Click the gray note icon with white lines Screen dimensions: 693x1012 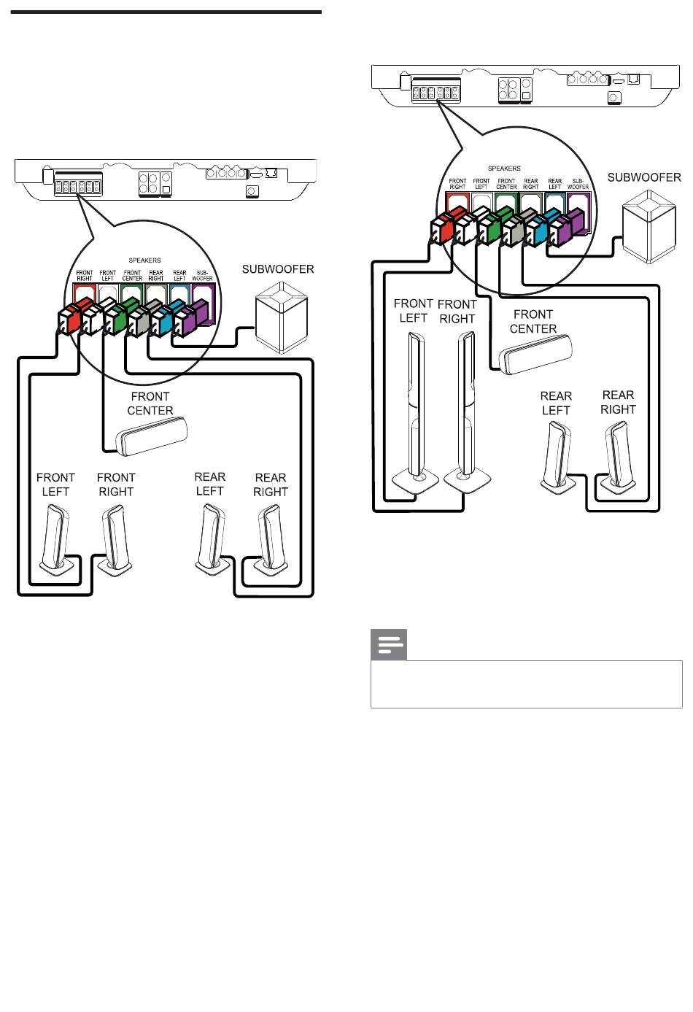pyautogui.click(x=389, y=644)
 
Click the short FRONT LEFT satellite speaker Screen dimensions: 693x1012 pyautogui.click(x=56, y=541)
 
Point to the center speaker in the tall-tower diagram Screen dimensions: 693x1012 pyautogui.click(x=535, y=355)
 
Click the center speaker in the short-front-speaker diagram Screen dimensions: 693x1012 pyautogui.click(x=151, y=436)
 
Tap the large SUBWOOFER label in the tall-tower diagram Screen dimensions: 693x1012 pyautogui.click(x=643, y=177)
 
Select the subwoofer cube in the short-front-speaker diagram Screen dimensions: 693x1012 pyautogui.click(x=282, y=317)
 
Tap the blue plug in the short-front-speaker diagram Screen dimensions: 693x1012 pyautogui.click(x=162, y=318)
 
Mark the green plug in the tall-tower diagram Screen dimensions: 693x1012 pyautogui.click(x=495, y=225)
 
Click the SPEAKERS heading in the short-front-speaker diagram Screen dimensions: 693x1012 pyautogui.click(x=144, y=260)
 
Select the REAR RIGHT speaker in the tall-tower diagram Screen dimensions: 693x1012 pyautogui.click(x=618, y=456)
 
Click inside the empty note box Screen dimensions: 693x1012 pyautogui.click(x=526, y=684)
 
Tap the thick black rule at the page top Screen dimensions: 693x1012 pyautogui.click(x=166, y=12)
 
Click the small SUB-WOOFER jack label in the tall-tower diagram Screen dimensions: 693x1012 pyautogui.click(x=578, y=184)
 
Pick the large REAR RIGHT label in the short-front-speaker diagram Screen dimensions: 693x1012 pyautogui.click(x=271, y=484)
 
